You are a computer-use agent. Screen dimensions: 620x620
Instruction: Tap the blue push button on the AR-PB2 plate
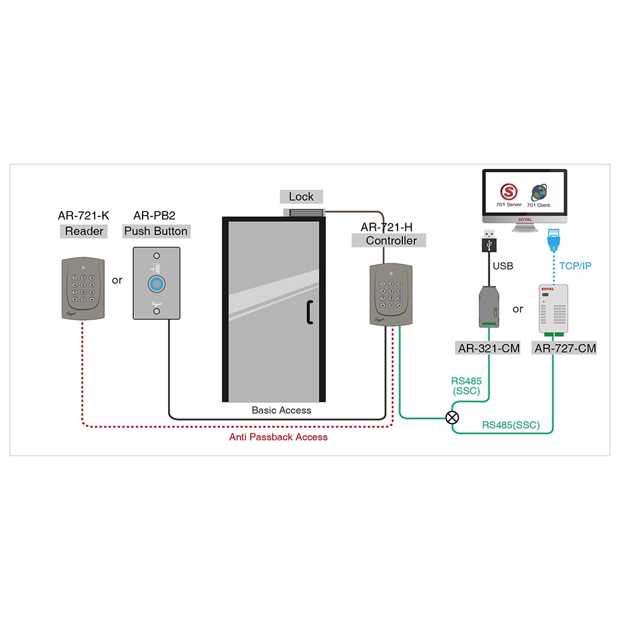point(157,285)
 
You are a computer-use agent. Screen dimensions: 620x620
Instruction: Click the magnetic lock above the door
point(304,213)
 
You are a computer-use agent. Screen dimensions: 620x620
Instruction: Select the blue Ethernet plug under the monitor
point(552,239)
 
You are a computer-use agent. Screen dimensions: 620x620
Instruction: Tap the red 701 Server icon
point(510,191)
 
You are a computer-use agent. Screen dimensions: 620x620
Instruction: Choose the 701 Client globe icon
point(538,191)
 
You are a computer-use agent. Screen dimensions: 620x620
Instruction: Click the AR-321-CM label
point(489,348)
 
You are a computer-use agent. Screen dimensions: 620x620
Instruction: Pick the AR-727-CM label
point(565,348)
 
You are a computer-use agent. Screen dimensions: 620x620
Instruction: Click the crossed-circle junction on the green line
point(453,417)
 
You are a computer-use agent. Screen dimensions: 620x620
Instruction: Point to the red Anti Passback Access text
point(278,437)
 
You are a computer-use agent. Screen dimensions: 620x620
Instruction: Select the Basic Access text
point(281,410)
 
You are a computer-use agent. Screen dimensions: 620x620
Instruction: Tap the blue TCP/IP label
point(575,266)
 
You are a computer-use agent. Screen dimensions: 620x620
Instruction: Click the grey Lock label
point(301,197)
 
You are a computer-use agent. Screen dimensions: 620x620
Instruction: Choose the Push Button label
point(156,231)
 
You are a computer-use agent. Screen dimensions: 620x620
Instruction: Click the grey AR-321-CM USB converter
point(489,307)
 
